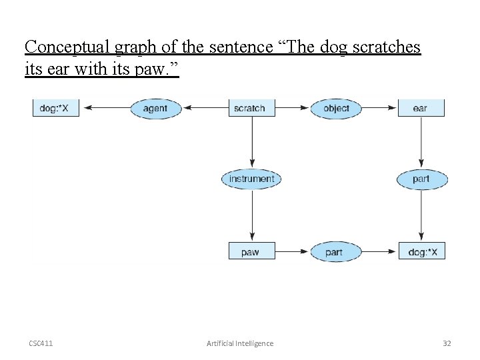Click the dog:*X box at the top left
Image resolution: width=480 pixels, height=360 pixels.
(55, 108)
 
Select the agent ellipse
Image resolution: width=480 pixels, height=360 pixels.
(155, 108)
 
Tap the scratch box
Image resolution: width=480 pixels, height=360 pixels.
(249, 108)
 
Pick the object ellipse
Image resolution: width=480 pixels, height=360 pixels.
(335, 108)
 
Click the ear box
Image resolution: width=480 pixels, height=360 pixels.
(421, 108)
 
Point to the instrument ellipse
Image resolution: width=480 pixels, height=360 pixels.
(251, 179)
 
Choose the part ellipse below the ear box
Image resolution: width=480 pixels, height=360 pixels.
(421, 179)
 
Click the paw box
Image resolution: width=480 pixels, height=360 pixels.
(251, 252)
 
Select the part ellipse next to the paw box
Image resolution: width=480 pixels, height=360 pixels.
(335, 252)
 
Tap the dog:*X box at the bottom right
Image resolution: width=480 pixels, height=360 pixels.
(421, 252)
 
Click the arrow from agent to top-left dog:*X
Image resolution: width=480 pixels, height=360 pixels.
(105, 108)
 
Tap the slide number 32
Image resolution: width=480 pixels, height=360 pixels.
(447, 343)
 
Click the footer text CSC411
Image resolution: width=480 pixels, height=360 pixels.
(41, 343)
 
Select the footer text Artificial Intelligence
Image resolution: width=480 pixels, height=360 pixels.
(240, 343)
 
